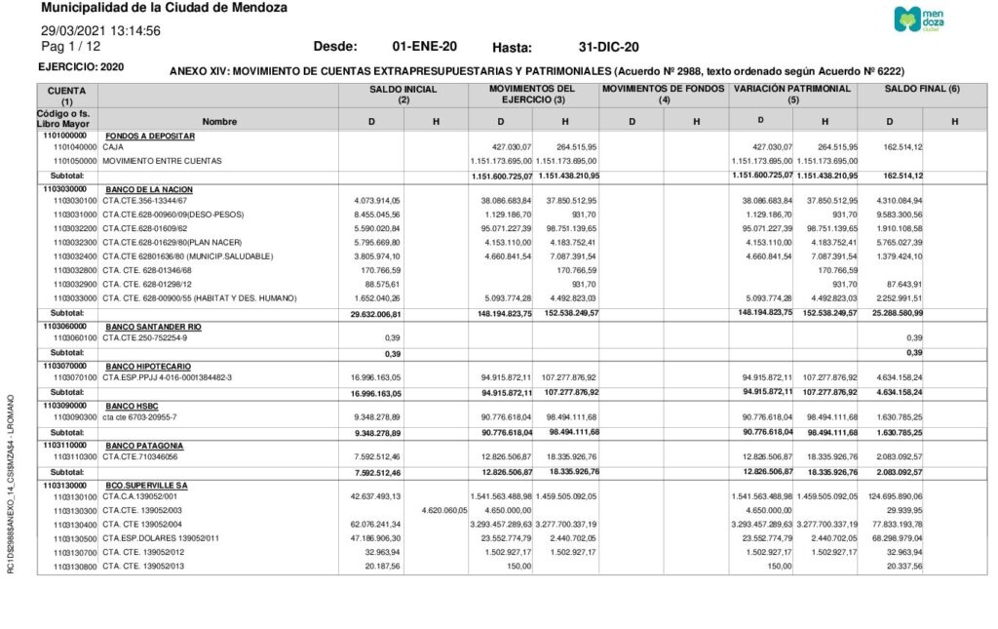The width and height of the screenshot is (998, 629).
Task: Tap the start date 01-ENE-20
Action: pos(424,47)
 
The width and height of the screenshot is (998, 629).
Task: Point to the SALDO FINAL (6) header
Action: pos(922,89)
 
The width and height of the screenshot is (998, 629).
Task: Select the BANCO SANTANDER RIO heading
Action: pos(153,326)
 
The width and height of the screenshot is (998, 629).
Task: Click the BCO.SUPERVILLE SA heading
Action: pos(146,485)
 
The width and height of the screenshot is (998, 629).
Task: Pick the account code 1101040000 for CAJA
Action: pos(75,146)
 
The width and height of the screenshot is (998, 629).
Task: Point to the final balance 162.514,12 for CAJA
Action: pos(897,146)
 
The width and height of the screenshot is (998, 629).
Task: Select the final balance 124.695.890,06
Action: pos(890,496)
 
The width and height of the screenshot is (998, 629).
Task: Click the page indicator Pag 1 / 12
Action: pos(70,46)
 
